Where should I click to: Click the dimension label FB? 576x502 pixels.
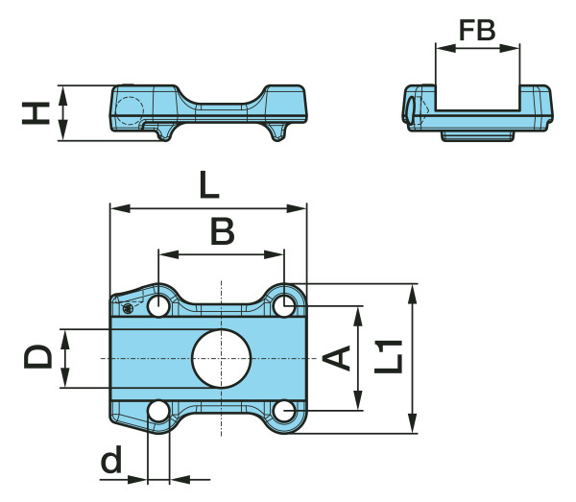(x=477, y=31)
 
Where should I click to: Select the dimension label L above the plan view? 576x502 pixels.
(x=208, y=183)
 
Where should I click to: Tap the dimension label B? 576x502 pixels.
(x=222, y=231)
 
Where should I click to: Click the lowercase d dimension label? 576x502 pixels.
(x=113, y=463)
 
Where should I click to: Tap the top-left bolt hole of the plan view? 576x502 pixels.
(x=158, y=306)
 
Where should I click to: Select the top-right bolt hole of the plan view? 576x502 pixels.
(x=283, y=306)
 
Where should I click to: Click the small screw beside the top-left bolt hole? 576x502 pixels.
(x=129, y=308)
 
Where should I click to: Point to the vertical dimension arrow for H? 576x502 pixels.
(x=64, y=113)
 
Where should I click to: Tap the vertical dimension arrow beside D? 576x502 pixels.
(x=65, y=358)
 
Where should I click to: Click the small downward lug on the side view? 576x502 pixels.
(x=277, y=132)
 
